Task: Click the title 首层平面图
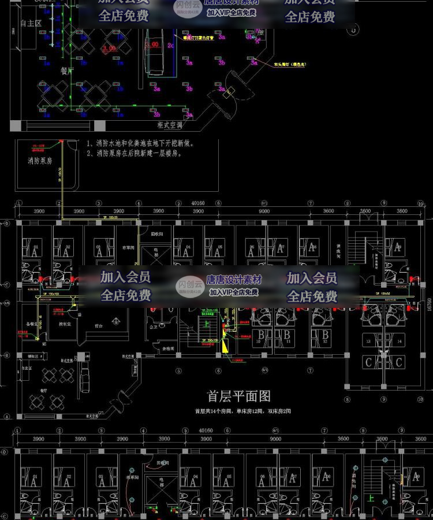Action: coord(239,396)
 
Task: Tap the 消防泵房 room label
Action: coord(40,161)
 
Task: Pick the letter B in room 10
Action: coord(261,335)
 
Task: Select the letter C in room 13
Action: coord(368,362)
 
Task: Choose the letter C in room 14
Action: coord(398,362)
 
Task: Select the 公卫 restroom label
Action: coord(153,327)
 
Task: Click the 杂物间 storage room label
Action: coord(168,348)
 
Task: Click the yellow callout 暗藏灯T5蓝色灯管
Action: coord(199,38)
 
